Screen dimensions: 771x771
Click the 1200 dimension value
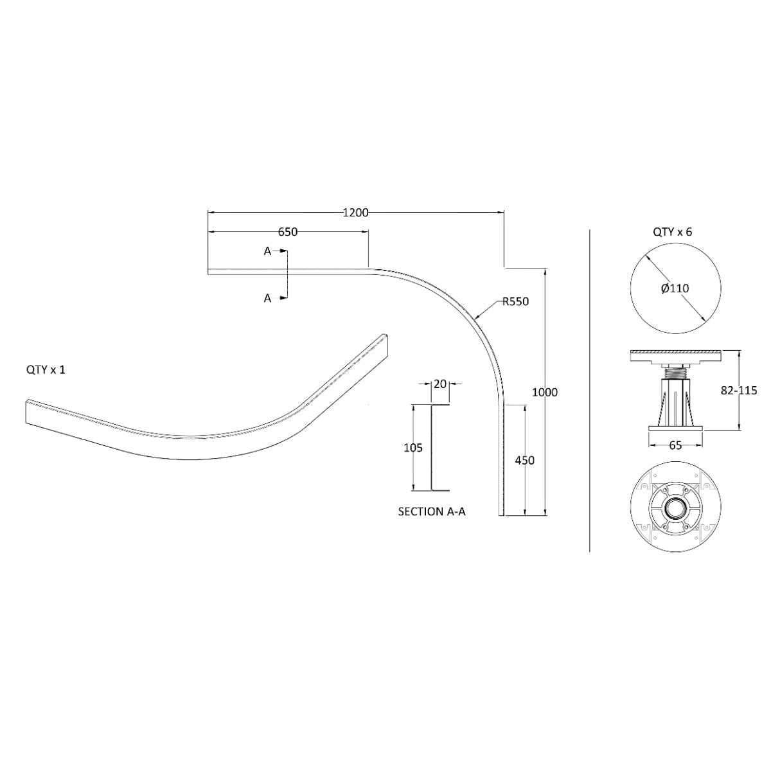[355, 213]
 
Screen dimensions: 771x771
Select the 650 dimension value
[287, 232]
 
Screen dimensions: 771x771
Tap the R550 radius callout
[515, 301]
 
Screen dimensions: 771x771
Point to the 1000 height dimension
[545, 392]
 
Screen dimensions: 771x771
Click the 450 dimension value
[525, 460]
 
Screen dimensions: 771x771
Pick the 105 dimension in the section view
[413, 448]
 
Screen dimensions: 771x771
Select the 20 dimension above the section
[440, 384]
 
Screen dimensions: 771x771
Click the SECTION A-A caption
[432, 511]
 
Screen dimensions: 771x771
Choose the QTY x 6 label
[673, 232]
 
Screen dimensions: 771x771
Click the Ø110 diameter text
[675, 288]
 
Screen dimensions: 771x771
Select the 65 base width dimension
[675, 446]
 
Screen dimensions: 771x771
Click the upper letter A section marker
[267, 251]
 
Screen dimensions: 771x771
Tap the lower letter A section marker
[267, 298]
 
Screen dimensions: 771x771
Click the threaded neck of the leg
[675, 372]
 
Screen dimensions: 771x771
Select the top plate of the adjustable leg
[675, 354]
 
